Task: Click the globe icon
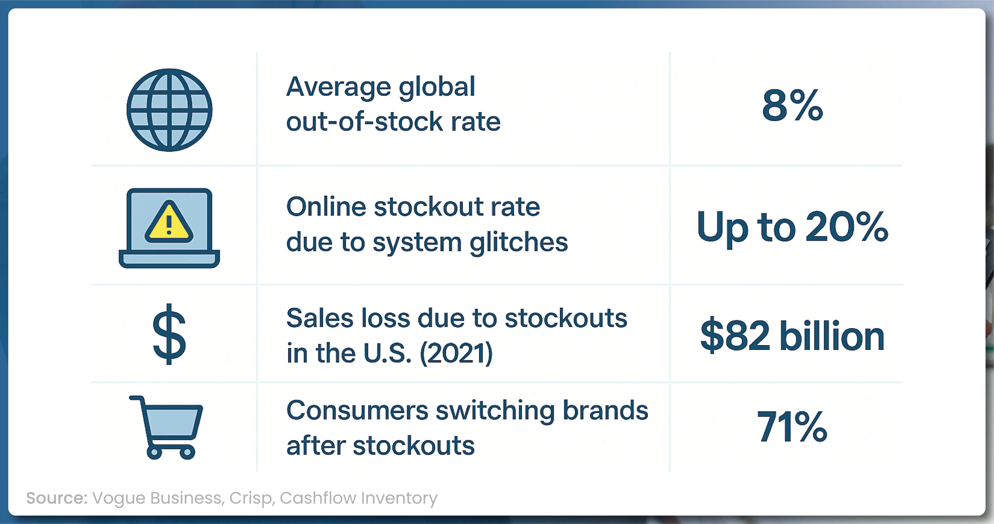[169, 110]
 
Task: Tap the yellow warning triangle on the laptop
[169, 223]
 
